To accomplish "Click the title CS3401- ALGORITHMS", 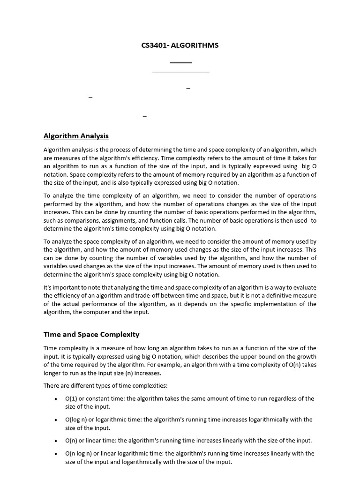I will click(180, 45).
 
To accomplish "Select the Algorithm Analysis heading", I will click(76, 136).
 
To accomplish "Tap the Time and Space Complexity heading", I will click(91, 334).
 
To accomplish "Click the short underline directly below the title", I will click(180, 62).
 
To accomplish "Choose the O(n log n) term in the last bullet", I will click(79, 453).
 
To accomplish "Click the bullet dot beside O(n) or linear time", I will click(56, 441).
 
